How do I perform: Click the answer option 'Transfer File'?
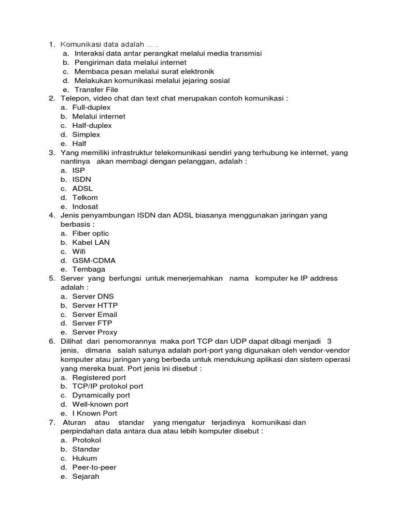click(96, 90)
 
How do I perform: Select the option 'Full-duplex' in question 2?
click(92, 107)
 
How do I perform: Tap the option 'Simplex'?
click(87, 135)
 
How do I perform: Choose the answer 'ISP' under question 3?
click(79, 170)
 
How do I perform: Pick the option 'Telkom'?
click(85, 197)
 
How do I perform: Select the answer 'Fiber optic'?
click(91, 233)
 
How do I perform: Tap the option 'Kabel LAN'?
click(91, 242)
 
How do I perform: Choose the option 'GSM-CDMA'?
click(93, 260)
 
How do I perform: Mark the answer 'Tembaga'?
click(89, 269)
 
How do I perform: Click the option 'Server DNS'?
click(93, 296)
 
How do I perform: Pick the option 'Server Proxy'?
click(95, 332)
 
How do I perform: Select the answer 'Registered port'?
click(99, 377)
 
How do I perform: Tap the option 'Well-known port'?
click(101, 404)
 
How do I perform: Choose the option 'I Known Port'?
click(95, 413)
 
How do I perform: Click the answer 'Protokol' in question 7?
click(87, 440)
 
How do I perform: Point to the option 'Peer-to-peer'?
click(94, 467)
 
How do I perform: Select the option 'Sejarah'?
click(86, 476)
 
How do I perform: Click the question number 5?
click(52, 278)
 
